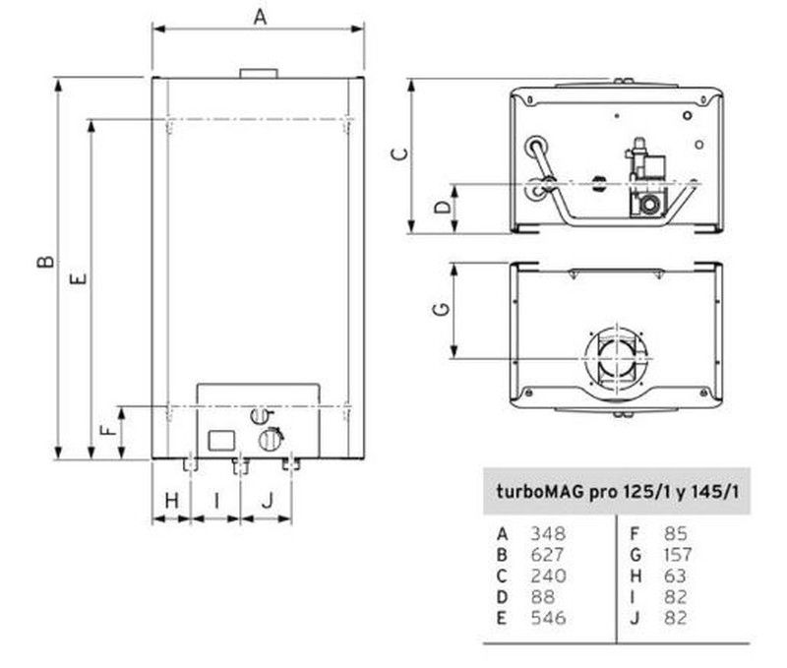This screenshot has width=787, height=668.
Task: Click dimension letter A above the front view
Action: pos(260,17)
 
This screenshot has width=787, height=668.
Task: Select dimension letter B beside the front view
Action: pos(45,262)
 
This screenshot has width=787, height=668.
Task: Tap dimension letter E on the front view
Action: pos(79,278)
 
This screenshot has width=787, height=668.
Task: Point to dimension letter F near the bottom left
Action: pos(108,430)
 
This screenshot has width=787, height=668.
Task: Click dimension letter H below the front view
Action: pos(171,501)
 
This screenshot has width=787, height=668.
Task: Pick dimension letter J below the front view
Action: pos(268,501)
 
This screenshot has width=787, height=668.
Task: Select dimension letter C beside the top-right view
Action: pos(399,153)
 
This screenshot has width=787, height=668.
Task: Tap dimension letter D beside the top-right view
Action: pos(443,207)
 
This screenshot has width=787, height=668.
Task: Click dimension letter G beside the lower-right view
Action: pos(441,309)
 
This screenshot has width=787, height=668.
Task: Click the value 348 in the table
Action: pos(548,533)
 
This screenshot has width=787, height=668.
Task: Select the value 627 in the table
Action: pos(547,555)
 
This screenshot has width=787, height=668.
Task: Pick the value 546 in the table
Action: pos(548,618)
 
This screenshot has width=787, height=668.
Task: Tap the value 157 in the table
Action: pos(678,555)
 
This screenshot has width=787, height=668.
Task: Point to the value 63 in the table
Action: pos(675,576)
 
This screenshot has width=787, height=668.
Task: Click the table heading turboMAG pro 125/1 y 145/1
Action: pos(618,491)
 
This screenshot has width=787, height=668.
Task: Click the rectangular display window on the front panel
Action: pos(221,441)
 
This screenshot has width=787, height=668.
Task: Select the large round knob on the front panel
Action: pos(270,440)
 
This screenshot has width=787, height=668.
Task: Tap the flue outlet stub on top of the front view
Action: pos(259,74)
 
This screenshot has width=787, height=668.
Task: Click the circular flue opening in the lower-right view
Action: pos(619,359)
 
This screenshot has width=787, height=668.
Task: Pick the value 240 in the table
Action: pos(549,576)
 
